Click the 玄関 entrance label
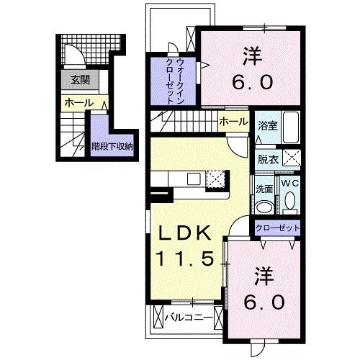click(81, 80)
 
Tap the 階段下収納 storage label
click(112, 146)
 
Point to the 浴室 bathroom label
click(268, 125)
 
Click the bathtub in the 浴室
click(291, 127)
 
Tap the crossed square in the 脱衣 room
click(292, 158)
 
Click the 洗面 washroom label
click(264, 189)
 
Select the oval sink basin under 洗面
click(264, 207)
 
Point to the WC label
click(290, 183)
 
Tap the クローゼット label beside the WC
click(278, 228)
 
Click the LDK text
click(185, 233)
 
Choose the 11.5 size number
click(185, 258)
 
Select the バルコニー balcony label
click(189, 318)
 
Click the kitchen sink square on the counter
click(194, 179)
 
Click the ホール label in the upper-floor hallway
click(233, 122)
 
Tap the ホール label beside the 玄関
click(78, 103)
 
